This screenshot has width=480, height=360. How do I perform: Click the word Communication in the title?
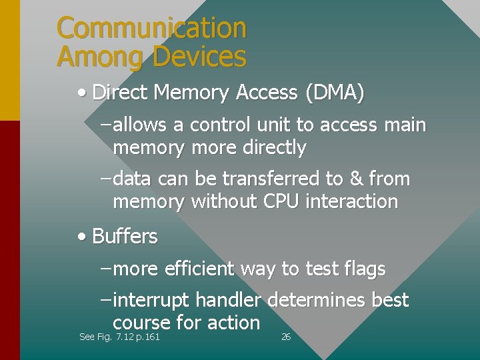click(x=151, y=28)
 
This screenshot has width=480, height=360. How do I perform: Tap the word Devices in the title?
click(x=199, y=57)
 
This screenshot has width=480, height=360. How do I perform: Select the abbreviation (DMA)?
click(x=335, y=93)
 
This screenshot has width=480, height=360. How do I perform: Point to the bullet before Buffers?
click(x=81, y=237)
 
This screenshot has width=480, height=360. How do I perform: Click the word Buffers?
click(x=125, y=237)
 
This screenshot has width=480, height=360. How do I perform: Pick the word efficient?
click(x=199, y=269)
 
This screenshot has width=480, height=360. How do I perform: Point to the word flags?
click(x=364, y=269)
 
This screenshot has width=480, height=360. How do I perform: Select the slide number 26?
click(x=286, y=337)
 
